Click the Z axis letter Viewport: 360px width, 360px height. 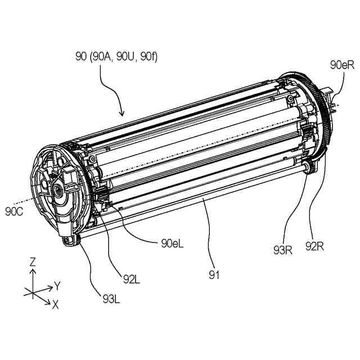33,262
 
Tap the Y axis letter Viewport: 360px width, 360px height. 57,286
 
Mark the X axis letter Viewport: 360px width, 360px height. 55,304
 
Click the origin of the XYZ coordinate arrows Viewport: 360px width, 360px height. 33,292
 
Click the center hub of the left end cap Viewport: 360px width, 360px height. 58,192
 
